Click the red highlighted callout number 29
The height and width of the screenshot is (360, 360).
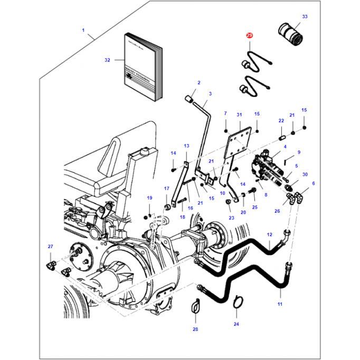click(250, 35)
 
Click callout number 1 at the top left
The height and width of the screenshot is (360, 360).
click(83, 30)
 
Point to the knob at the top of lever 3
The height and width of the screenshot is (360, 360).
click(188, 98)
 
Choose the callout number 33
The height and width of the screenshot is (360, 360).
click(304, 17)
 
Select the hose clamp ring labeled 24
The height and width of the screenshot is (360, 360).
click(238, 302)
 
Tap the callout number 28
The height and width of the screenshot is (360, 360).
click(195, 329)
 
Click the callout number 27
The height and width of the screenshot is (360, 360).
click(51, 247)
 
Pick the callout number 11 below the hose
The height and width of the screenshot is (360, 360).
click(280, 305)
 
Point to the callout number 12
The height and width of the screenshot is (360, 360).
click(269, 234)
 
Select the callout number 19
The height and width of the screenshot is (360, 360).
click(149, 198)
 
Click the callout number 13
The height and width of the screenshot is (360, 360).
click(186, 146)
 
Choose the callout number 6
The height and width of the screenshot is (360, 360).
click(313, 183)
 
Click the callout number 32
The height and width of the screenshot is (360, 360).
click(107, 60)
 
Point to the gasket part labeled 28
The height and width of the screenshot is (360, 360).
click(195, 307)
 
